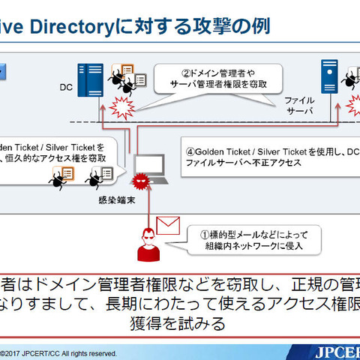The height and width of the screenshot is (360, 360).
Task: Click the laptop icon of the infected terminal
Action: [150, 170]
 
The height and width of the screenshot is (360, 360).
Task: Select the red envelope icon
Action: [169, 223]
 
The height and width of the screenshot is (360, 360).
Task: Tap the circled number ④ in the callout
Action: [190, 149]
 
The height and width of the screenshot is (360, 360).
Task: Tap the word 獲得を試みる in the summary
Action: [180, 325]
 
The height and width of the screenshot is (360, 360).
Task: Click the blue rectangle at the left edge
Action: [2, 73]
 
